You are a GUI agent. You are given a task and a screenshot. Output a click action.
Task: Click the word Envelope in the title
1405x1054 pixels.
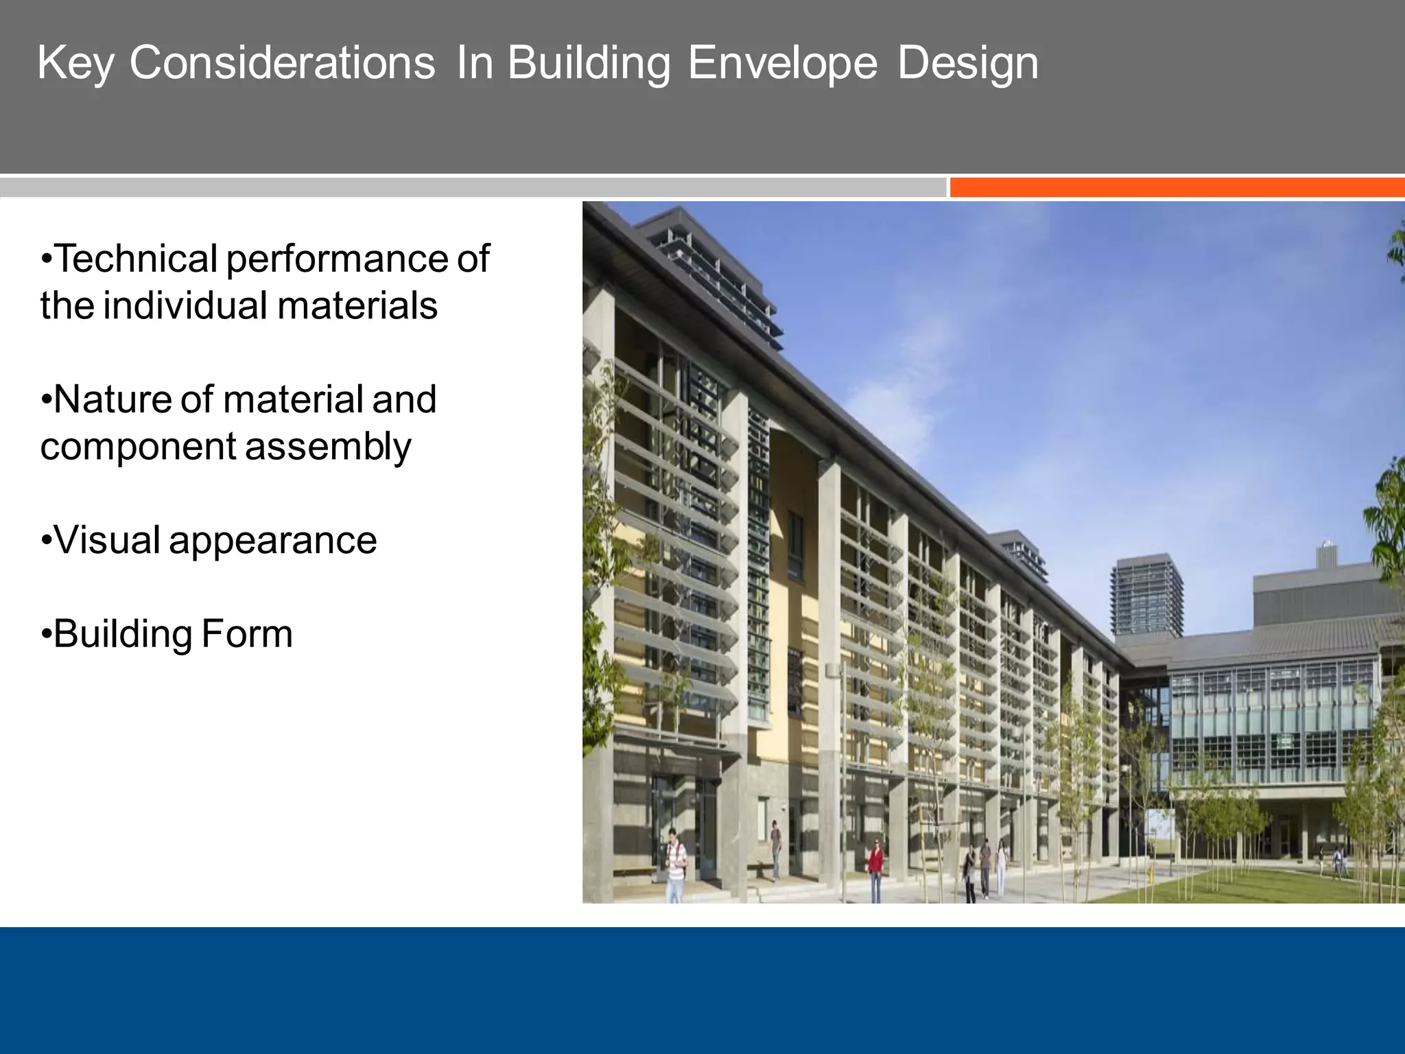tap(782, 63)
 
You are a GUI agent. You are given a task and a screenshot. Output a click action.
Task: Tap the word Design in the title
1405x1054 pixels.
tap(967, 63)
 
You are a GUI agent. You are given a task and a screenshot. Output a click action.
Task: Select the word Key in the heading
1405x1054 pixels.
tap(75, 63)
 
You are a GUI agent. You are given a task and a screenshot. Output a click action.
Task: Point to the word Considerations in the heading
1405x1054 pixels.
tap(282, 63)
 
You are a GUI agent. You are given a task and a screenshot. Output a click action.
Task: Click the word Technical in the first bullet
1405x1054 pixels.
tap(136, 259)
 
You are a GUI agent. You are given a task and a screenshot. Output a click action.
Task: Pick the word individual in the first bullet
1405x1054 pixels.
tap(185, 305)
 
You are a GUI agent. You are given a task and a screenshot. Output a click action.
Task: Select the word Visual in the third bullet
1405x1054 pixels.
tap(107, 540)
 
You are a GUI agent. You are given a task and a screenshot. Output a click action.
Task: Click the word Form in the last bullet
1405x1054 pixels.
tap(247, 634)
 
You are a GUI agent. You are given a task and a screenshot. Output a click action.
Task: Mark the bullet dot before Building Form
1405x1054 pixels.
tap(46, 634)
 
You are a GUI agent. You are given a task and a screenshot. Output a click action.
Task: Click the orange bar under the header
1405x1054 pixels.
tap(1176, 187)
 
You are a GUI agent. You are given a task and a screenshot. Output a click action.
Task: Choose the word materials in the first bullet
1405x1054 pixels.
tap(357, 305)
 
